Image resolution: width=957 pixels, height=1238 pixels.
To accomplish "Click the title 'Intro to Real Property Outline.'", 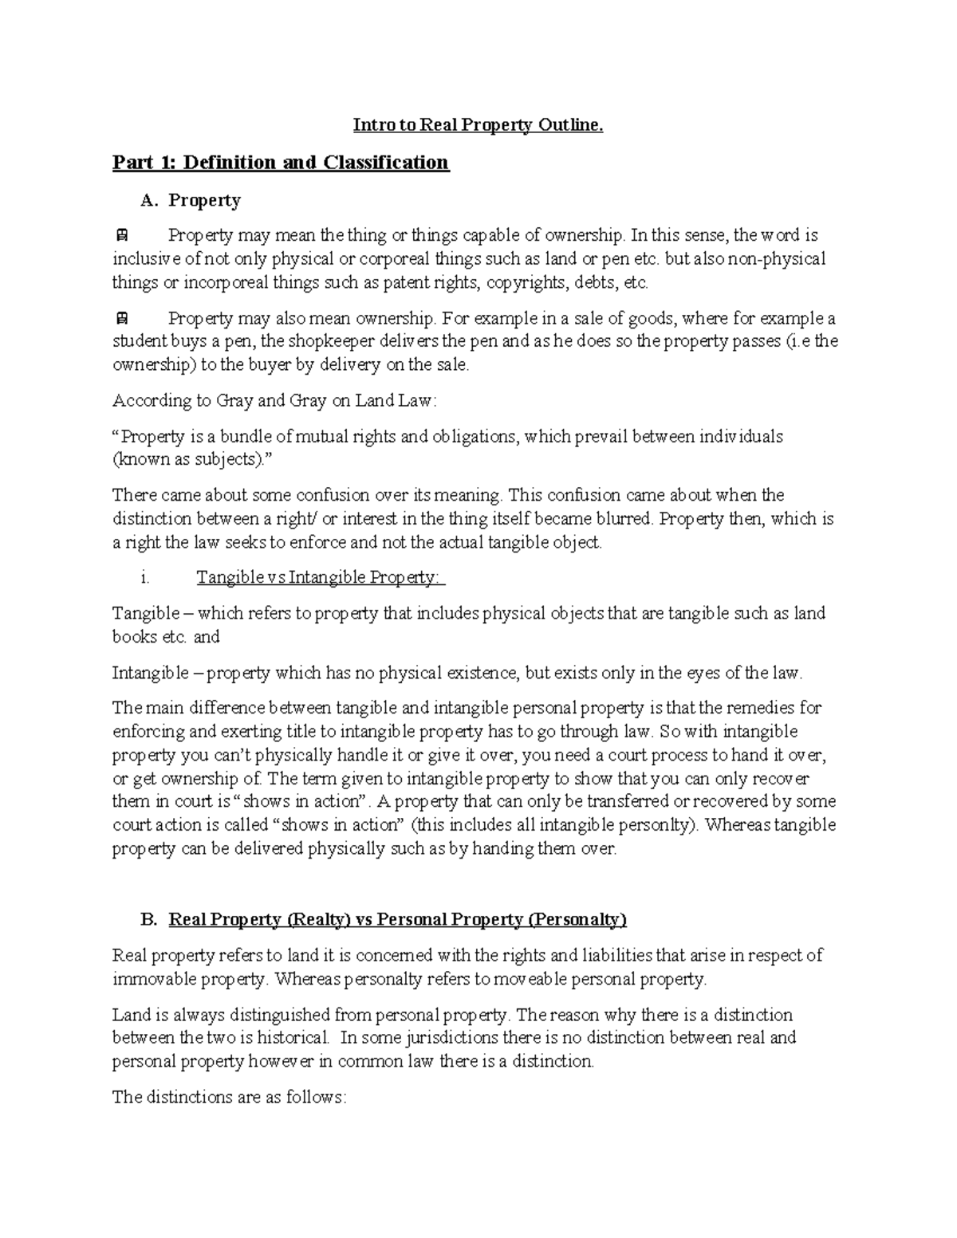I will click(478, 125).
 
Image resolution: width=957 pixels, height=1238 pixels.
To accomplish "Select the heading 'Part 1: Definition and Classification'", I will click(281, 163).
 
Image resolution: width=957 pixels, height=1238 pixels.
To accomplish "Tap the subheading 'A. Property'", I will click(191, 200).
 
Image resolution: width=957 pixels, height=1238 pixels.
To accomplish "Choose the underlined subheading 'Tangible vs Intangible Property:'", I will click(321, 578).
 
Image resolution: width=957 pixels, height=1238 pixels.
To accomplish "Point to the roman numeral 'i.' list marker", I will click(144, 578).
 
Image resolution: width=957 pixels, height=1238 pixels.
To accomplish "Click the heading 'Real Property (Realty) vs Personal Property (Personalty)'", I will click(397, 920).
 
